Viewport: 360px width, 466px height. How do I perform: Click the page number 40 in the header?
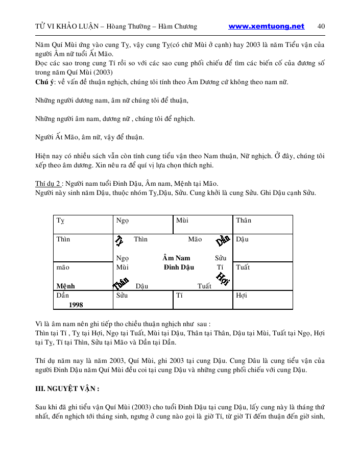coord(321,27)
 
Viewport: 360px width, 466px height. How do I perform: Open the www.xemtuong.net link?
coord(266,27)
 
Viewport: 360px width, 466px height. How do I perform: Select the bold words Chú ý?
coord(45,82)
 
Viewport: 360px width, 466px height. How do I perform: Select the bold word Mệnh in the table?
coord(65,286)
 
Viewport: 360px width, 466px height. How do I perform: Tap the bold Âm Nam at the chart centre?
coord(176,258)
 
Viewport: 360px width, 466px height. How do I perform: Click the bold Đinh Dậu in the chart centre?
coord(179,267)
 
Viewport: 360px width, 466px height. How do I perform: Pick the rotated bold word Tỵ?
coord(119,240)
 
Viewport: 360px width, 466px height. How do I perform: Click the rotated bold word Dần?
coord(223,240)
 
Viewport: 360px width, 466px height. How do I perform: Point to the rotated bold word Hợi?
coord(223,278)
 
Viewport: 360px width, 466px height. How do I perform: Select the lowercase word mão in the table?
coord(63,267)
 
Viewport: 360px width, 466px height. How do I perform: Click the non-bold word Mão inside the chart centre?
coord(195,239)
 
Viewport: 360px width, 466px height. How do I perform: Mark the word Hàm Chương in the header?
coord(177,27)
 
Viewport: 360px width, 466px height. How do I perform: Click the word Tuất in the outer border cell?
coord(243,267)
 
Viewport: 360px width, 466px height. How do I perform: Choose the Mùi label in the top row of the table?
coord(182,220)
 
